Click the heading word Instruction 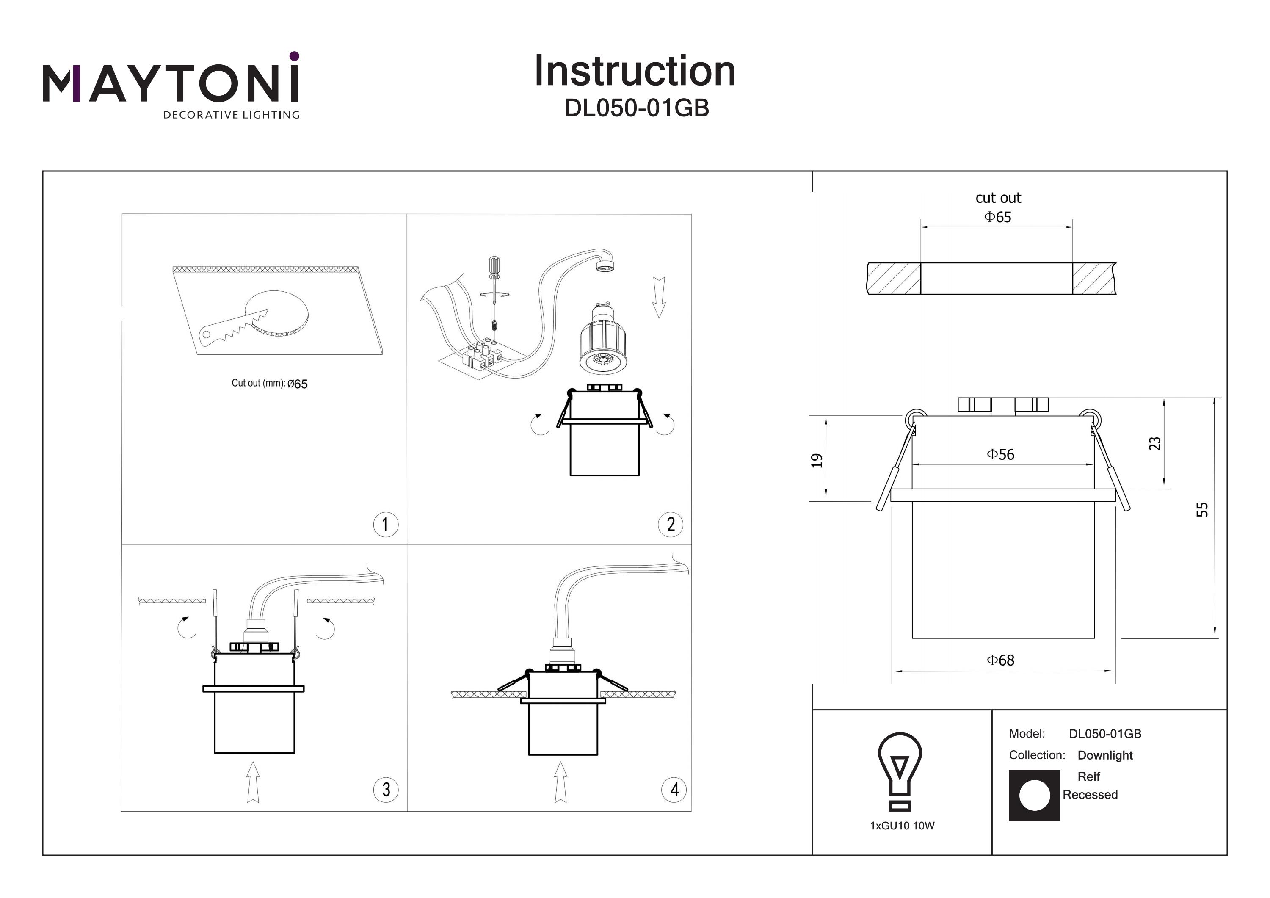[635, 72]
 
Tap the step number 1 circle [386, 524]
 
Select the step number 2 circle [671, 524]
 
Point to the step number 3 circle [386, 789]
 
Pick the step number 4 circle [674, 789]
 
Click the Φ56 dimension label [1001, 455]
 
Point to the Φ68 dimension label [1001, 660]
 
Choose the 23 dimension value [1155, 443]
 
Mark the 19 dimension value [817, 460]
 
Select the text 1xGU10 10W [902, 826]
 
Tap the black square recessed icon [1034, 795]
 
